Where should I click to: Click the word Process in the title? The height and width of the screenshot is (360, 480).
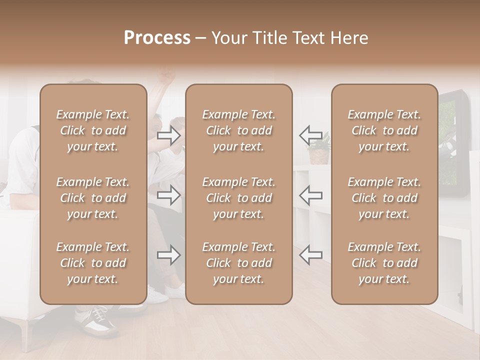[157, 38]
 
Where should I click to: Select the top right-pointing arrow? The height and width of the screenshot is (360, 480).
[169, 135]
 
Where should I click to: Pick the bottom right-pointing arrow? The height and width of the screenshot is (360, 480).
[169, 255]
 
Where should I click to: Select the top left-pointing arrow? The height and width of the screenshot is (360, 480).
[310, 135]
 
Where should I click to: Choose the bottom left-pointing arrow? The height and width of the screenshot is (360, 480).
[310, 255]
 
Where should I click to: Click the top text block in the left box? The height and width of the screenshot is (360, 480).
[93, 130]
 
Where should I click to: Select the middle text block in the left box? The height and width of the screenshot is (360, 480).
[93, 198]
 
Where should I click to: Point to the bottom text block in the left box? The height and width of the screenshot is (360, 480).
[93, 263]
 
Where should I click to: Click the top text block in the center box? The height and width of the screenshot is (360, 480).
[239, 130]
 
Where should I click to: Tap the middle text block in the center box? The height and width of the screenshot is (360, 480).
[239, 198]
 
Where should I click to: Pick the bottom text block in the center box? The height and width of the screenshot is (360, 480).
[239, 263]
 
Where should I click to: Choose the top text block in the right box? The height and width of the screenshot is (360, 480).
[384, 130]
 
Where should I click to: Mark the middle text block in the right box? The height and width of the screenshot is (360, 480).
[384, 198]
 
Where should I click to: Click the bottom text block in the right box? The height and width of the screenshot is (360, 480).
[384, 263]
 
